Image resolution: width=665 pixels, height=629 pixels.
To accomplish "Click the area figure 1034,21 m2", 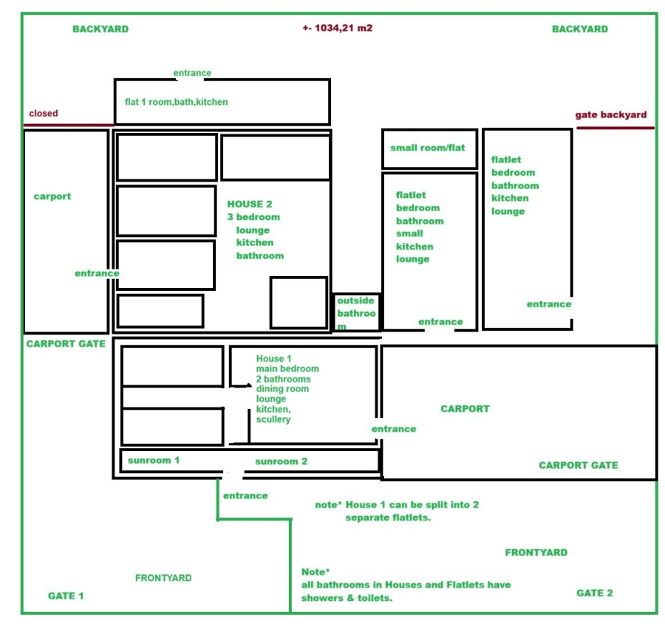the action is (338, 28).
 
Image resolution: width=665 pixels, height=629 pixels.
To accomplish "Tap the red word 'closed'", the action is (44, 113).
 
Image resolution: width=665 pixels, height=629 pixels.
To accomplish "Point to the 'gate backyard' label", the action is (611, 115).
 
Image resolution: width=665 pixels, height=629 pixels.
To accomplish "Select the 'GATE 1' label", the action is (66, 596).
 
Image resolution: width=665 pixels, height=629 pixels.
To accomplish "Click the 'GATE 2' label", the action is (595, 593).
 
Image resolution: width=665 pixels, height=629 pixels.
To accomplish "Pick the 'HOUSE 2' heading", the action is (250, 204).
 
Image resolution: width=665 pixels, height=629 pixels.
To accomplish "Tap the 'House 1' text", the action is (273, 359).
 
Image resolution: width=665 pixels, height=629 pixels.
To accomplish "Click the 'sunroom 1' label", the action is (154, 460).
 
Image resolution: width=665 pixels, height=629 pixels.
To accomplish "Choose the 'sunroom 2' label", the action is (282, 461).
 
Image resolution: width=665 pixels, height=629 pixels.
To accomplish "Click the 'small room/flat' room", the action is (429, 149).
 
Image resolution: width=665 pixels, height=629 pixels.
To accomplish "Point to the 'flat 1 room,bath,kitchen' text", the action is (177, 102).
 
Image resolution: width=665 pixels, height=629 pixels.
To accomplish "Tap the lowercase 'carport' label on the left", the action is (52, 196).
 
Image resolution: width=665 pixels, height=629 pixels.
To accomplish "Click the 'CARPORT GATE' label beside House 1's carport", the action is (579, 465).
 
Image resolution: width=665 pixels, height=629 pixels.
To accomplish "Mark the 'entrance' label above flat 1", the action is (192, 73).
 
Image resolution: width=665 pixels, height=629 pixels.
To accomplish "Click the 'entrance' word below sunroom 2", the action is (245, 496).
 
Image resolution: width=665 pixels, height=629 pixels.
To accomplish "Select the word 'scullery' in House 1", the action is (273, 419).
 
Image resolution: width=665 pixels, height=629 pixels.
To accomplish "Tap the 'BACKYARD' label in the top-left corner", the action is (100, 29).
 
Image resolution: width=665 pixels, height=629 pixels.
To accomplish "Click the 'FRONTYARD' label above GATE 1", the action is (163, 578).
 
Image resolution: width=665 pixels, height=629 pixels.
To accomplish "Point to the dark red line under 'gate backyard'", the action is (615, 128).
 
